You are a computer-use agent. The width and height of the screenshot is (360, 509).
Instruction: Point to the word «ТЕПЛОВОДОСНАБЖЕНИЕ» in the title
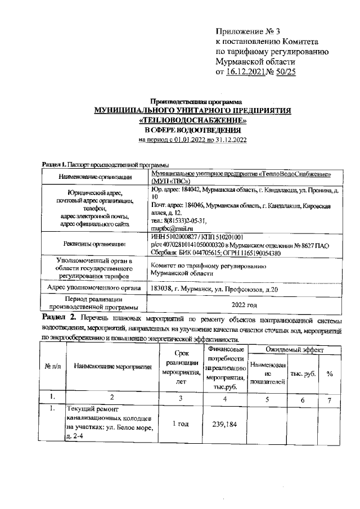(192, 120)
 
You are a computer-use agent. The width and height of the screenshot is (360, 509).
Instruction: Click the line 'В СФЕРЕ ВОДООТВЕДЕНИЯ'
(192, 130)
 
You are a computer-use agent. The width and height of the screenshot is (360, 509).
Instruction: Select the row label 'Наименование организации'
(95, 177)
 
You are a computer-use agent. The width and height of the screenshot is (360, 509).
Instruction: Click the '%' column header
(330, 373)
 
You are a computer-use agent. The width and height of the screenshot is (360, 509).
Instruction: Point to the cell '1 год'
(181, 424)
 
